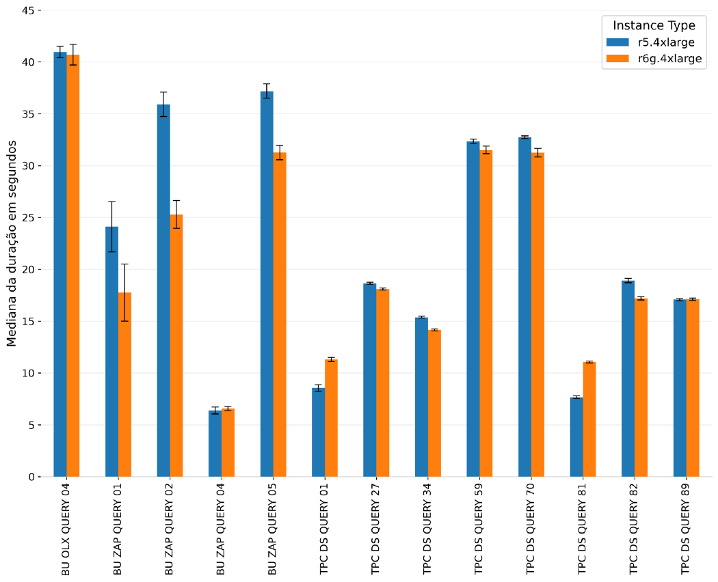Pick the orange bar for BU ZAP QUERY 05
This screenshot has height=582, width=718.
coord(280,314)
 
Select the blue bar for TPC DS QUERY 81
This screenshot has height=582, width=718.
coord(576,436)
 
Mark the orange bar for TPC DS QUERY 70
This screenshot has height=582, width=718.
coord(537,314)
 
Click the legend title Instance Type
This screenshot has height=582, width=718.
coord(654,26)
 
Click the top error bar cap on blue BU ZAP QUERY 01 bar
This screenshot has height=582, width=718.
coord(111,202)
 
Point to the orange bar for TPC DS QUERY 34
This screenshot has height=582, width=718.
coord(434,403)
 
